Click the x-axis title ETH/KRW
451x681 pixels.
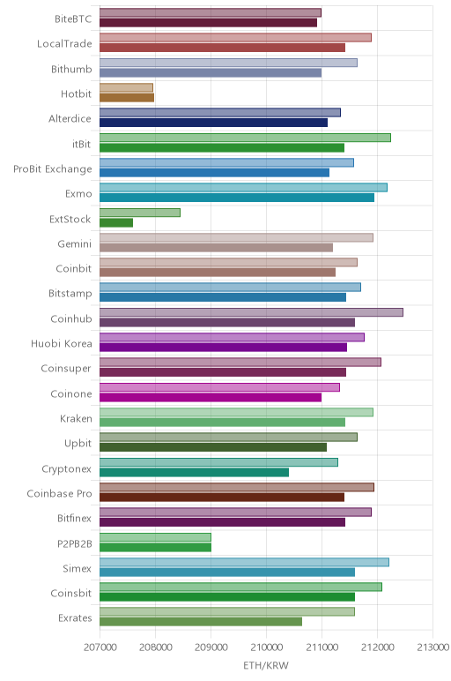265,666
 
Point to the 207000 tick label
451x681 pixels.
100,647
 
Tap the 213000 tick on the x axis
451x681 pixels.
433,647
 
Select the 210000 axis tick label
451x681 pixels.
266,647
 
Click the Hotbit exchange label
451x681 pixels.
77,94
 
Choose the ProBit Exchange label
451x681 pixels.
53,169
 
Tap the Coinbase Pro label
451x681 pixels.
59,494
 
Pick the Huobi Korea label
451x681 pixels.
62,344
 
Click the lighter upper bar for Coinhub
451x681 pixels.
251,312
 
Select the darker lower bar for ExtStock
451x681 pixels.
116,223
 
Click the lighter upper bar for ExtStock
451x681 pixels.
140,213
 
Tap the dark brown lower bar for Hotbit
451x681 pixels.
127,98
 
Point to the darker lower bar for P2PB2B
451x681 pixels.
155,548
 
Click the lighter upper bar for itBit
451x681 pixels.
245,138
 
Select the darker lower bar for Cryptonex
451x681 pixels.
195,473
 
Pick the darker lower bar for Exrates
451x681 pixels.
201,622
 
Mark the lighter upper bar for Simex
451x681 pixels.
244,562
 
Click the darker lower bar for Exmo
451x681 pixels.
237,198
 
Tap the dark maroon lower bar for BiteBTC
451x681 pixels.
208,23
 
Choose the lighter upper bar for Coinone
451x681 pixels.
219,387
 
